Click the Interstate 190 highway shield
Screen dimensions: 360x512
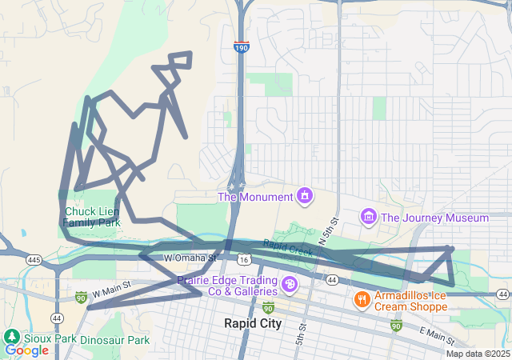[x=241, y=48]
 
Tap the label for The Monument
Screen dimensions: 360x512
[x=255, y=197]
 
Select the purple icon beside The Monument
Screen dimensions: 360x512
[x=304, y=195]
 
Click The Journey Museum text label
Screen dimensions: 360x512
[x=434, y=218]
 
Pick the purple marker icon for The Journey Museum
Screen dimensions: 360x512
[x=369, y=217]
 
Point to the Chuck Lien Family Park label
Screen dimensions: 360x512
[x=92, y=217]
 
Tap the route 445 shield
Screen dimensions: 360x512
[x=34, y=260]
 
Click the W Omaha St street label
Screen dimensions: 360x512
[x=190, y=258]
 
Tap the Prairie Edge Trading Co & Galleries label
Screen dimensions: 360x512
[x=226, y=286]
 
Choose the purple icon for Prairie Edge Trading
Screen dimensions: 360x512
[x=288, y=284]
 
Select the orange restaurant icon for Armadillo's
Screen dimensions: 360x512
[x=362, y=299]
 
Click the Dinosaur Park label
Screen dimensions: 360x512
[x=115, y=340]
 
